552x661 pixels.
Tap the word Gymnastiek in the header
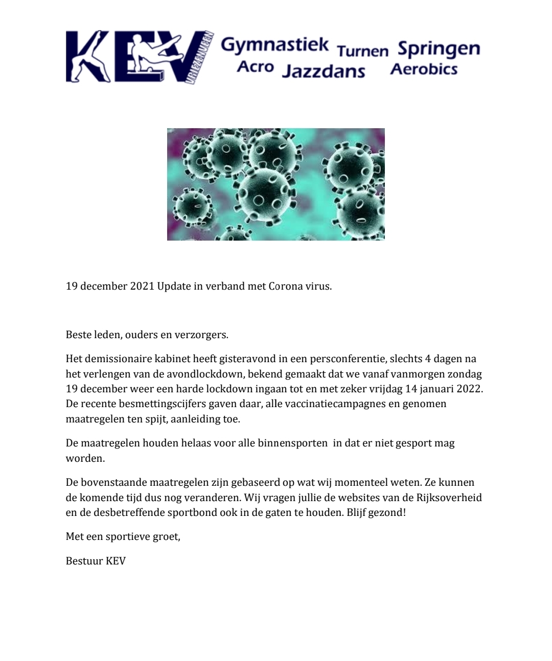click(x=274, y=45)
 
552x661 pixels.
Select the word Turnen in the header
click(x=363, y=50)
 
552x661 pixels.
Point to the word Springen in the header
click(x=439, y=49)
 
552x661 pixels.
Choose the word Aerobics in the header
click(x=424, y=68)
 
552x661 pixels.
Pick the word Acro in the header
click(x=255, y=67)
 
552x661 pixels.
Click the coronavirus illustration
click(x=276, y=184)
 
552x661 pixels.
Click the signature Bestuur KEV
click(x=96, y=561)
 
